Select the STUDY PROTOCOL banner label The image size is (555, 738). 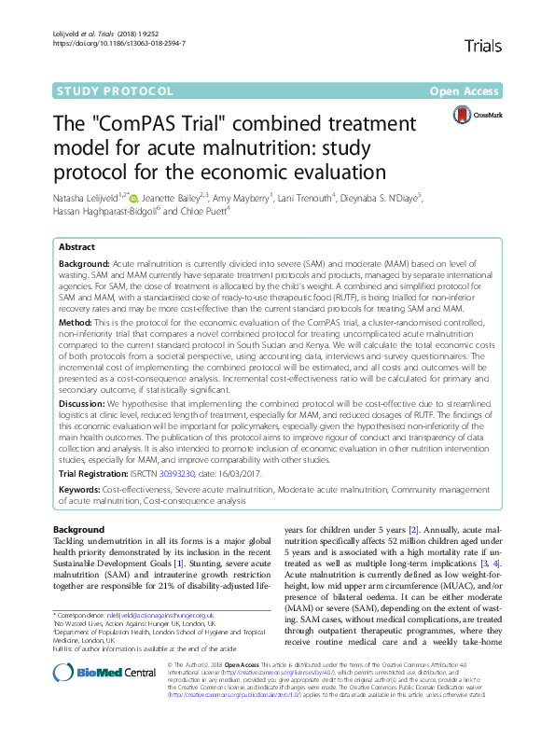coord(116,91)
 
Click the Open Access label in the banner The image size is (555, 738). coord(464,91)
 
